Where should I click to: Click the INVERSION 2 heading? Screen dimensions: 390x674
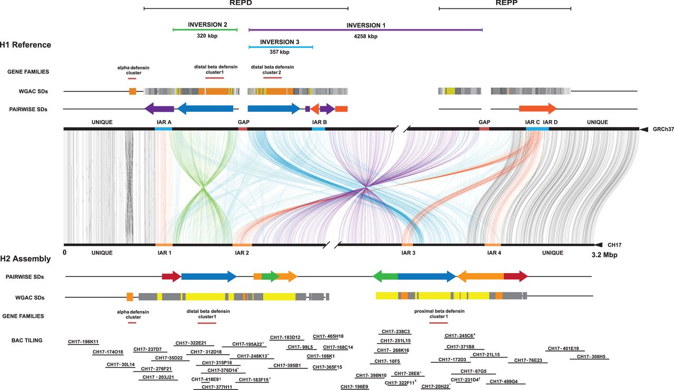(207, 24)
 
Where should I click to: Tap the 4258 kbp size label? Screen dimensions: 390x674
(365, 36)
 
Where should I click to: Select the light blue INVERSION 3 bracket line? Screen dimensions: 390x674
(281, 47)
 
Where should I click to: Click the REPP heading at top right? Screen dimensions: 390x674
(504, 3)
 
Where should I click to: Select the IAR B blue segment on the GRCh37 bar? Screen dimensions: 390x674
(318, 129)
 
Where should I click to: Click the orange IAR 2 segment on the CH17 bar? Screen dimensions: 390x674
(242, 245)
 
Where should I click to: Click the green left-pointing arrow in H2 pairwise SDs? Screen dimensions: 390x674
(385, 276)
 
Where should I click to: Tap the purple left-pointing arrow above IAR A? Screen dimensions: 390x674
(159, 109)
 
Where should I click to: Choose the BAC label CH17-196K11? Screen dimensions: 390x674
(83, 342)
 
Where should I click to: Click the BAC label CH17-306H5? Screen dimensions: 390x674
(592, 357)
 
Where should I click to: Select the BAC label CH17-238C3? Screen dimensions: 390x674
(396, 332)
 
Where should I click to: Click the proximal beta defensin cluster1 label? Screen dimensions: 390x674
(439, 314)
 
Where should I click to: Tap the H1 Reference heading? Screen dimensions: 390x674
(26, 45)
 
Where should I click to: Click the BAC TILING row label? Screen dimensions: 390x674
(27, 340)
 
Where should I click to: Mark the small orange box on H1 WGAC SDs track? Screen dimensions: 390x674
(133, 91)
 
